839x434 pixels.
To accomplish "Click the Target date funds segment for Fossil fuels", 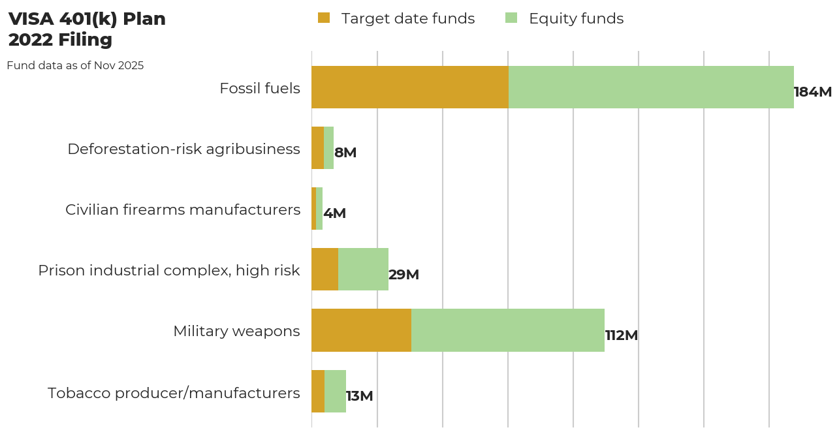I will [x=410, y=87].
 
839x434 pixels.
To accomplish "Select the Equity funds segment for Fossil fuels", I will [x=651, y=87].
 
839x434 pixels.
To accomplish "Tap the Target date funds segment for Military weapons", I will [x=361, y=330].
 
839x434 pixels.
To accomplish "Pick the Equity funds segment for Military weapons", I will [x=508, y=330].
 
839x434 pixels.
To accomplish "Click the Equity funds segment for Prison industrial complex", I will [x=363, y=270].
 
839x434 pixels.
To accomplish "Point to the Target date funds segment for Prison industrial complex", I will [x=325, y=270].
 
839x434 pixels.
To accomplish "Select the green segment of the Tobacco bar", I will [x=335, y=391].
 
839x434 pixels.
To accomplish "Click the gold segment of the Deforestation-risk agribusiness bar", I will [x=317, y=148].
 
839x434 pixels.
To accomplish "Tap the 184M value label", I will [x=812, y=92].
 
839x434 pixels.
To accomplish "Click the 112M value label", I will [x=621, y=335].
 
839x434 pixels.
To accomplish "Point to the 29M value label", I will [x=404, y=275].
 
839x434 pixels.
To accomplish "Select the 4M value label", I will [x=334, y=213].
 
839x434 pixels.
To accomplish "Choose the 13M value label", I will [x=359, y=396].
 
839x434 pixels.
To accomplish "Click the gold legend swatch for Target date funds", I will [x=324, y=18].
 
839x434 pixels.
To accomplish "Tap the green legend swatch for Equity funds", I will [x=511, y=18].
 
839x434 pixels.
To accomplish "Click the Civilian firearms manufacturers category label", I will [x=183, y=209].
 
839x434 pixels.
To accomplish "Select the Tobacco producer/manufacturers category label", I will [x=174, y=393].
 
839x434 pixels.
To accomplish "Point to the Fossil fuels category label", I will [x=260, y=88].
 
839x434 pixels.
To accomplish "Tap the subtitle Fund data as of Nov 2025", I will [x=75, y=66].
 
